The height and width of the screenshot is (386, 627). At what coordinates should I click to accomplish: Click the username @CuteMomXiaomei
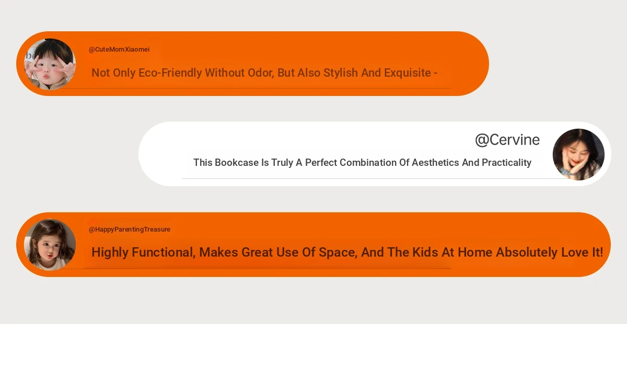pos(119,50)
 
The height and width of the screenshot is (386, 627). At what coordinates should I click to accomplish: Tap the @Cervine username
pos(507,140)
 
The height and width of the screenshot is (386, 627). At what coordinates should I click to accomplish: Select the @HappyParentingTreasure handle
pos(130,230)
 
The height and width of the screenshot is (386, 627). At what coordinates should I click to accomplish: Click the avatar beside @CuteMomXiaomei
pos(50,64)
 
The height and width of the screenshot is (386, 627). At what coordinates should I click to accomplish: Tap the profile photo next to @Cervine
pos(578,154)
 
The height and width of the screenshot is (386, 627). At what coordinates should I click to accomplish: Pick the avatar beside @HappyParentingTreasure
pos(50,245)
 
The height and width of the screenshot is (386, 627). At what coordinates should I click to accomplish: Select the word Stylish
pos(340,73)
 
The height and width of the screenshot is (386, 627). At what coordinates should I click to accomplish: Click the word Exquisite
pos(407,73)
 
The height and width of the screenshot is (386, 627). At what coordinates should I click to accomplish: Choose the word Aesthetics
pos(435,162)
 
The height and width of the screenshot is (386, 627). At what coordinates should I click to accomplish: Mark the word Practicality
pos(506,163)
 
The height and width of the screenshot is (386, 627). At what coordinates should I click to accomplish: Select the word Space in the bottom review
pos(338,252)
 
